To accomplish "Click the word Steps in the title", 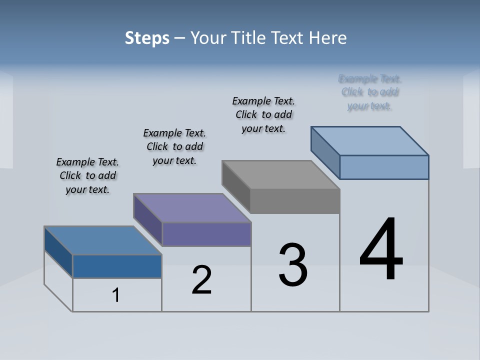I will (147, 38).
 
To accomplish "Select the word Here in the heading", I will (328, 38).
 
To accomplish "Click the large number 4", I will (381, 250).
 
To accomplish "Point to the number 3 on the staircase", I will (293, 265).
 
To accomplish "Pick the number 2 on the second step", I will (201, 280).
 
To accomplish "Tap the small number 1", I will (116, 295).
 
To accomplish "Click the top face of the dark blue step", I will (103, 240).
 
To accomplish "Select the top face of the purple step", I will (192, 207).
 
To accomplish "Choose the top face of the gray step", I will (280, 174).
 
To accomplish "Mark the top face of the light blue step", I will (370, 140).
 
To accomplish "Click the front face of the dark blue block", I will (117, 266).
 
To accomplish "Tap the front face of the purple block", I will (206, 234).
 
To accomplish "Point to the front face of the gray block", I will (295, 201).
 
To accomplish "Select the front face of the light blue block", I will (384, 167).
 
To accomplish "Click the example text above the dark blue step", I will (87, 175).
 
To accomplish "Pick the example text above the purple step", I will (174, 146).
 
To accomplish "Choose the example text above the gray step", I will (263, 114).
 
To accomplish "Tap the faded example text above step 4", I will (370, 92).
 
